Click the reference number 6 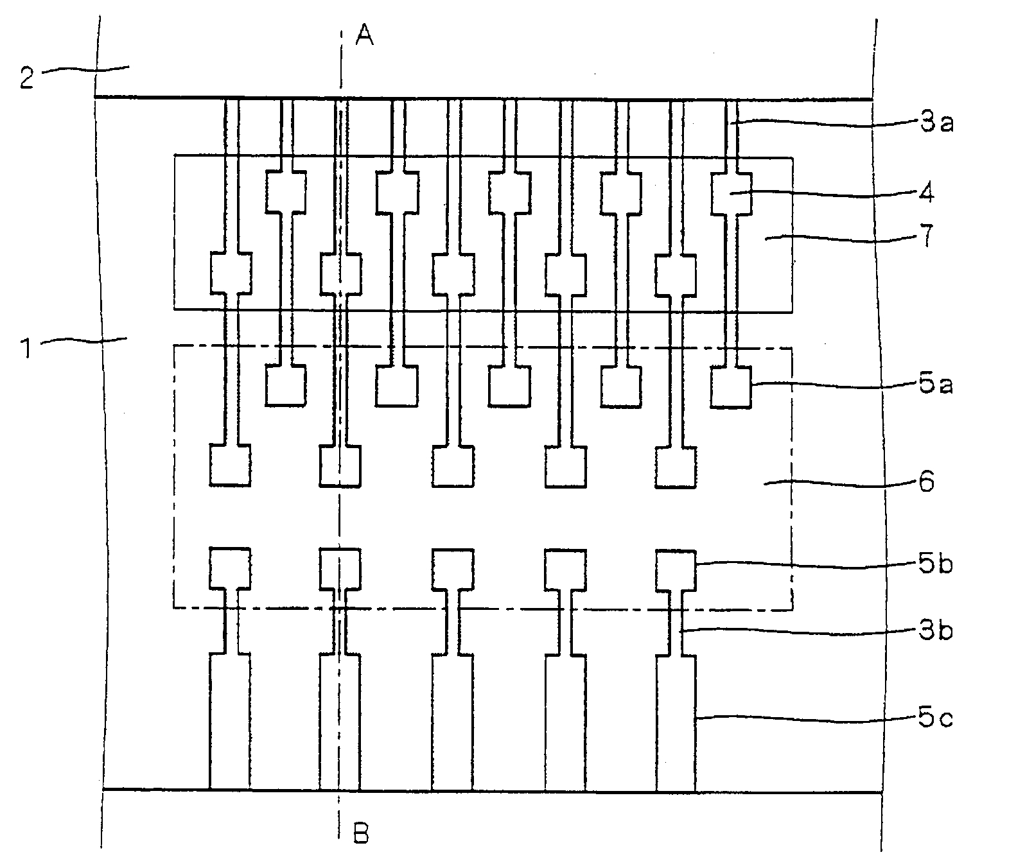pyautogui.click(x=925, y=482)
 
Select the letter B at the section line pyautogui.click(x=361, y=833)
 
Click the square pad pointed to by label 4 pyautogui.click(x=732, y=193)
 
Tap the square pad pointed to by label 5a pyautogui.click(x=732, y=386)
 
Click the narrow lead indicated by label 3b pyautogui.click(x=676, y=623)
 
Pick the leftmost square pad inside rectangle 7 pyautogui.click(x=231, y=273)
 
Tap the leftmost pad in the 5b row pyautogui.click(x=230, y=569)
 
